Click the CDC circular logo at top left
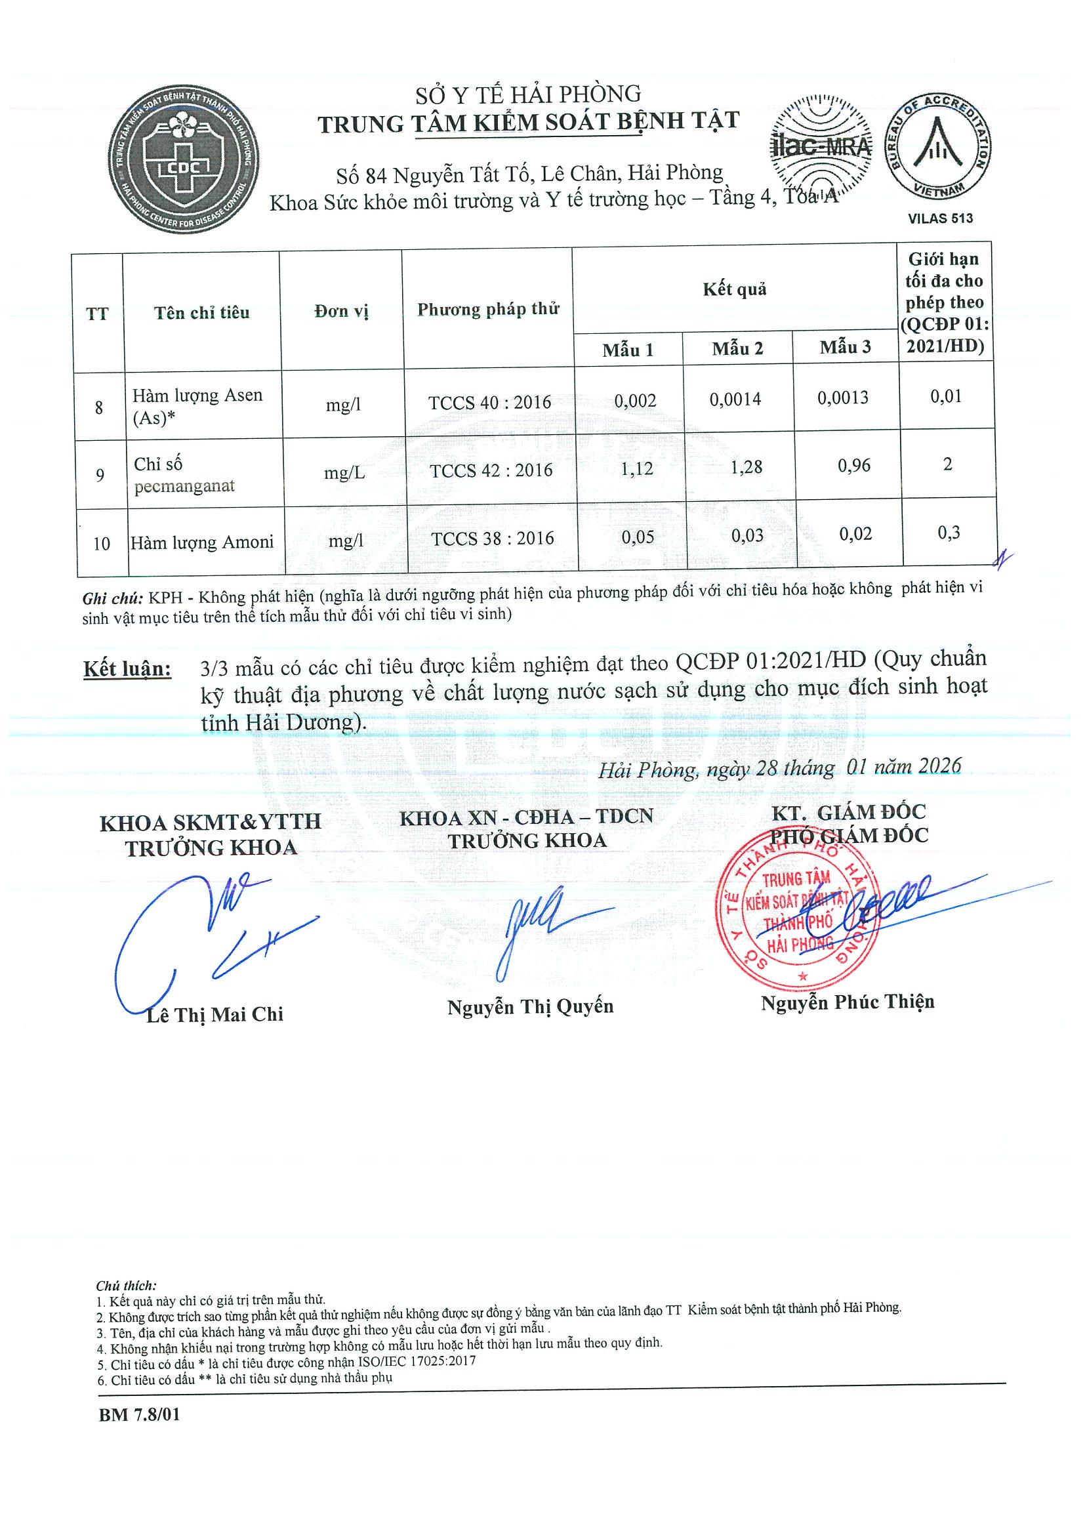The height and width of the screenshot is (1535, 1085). pyautogui.click(x=184, y=160)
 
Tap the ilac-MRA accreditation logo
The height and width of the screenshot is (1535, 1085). pyautogui.click(x=821, y=146)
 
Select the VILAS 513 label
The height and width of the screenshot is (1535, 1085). pyautogui.click(x=940, y=218)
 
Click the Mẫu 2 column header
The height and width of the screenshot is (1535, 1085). pyautogui.click(x=737, y=348)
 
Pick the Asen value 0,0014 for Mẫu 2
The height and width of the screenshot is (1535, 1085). pyautogui.click(x=735, y=399)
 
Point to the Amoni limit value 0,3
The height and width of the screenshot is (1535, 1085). pyautogui.click(x=948, y=533)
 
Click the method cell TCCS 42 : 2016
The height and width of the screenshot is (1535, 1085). pyautogui.click(x=491, y=470)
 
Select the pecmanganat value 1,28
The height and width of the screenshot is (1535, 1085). pyautogui.click(x=746, y=466)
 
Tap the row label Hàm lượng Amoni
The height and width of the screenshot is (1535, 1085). pyautogui.click(x=202, y=542)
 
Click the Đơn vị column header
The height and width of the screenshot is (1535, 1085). pyautogui.click(x=341, y=312)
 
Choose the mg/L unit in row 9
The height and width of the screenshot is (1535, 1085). pyautogui.click(x=344, y=474)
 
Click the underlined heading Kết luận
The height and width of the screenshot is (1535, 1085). pyautogui.click(x=127, y=668)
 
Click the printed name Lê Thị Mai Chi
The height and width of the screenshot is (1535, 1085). pyautogui.click(x=215, y=1015)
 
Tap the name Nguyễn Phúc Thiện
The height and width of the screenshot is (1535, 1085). pyautogui.click(x=847, y=1002)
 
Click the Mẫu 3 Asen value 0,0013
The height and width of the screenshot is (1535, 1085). pyautogui.click(x=843, y=398)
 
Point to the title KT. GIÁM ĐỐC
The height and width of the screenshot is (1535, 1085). pyautogui.click(x=848, y=812)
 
